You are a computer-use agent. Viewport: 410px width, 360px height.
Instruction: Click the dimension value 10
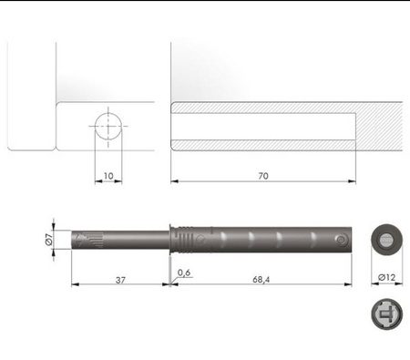click(108, 176)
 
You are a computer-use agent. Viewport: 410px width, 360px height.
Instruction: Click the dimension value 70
click(263, 176)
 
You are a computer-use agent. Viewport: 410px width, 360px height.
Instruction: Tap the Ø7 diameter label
click(49, 240)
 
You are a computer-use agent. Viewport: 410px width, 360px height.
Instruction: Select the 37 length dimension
click(120, 280)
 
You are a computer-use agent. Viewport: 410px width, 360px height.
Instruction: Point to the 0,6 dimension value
click(184, 273)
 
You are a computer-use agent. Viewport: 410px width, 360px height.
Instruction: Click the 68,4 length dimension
click(261, 279)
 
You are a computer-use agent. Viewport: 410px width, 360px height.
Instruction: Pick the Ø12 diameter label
click(387, 277)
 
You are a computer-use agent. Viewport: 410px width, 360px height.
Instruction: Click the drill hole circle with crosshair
click(108, 126)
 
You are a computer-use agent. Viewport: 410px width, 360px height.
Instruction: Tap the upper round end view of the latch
click(387, 240)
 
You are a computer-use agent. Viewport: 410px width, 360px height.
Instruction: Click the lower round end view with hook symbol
click(387, 314)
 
